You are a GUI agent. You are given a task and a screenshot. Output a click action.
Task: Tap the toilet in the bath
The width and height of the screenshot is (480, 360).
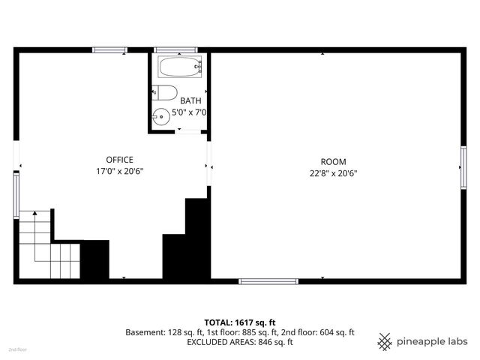pyautogui.click(x=166, y=93)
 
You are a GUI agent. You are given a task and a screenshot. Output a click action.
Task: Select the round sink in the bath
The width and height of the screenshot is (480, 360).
pyautogui.click(x=161, y=117)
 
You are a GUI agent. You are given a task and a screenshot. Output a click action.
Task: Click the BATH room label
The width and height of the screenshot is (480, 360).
pyautogui.click(x=190, y=100)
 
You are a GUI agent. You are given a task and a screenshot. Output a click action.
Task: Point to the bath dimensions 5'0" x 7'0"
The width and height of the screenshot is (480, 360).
pyautogui.click(x=189, y=112)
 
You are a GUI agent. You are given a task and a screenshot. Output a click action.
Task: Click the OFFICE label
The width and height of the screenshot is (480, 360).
pyautogui.click(x=119, y=160)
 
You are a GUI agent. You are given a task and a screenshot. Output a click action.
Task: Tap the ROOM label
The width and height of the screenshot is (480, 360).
pyautogui.click(x=333, y=161)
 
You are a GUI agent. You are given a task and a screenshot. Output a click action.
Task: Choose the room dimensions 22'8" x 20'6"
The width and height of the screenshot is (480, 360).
pyautogui.click(x=333, y=172)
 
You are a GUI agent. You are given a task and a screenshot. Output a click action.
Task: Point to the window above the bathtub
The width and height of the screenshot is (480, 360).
pyautogui.click(x=175, y=50)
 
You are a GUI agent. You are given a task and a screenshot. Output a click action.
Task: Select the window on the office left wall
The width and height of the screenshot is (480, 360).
pyautogui.click(x=16, y=196)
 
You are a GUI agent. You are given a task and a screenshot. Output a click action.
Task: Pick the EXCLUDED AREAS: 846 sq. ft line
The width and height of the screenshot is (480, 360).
pyautogui.click(x=239, y=342)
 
